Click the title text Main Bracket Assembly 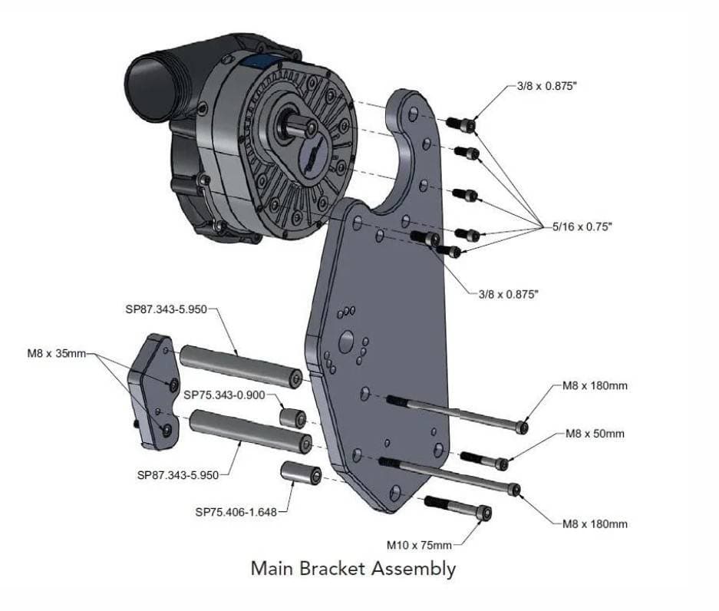click(x=353, y=569)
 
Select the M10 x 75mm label click(x=419, y=545)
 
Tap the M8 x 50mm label click(x=595, y=434)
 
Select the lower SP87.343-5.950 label click(x=178, y=475)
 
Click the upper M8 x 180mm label click(x=595, y=385)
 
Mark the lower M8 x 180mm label click(x=595, y=524)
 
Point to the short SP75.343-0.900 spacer click(x=292, y=418)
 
